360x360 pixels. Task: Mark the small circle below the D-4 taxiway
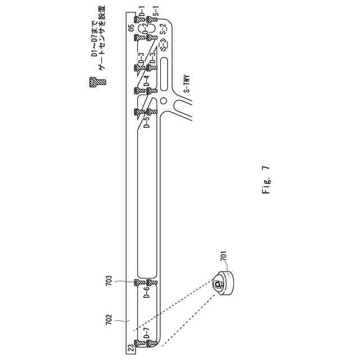(163, 101)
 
